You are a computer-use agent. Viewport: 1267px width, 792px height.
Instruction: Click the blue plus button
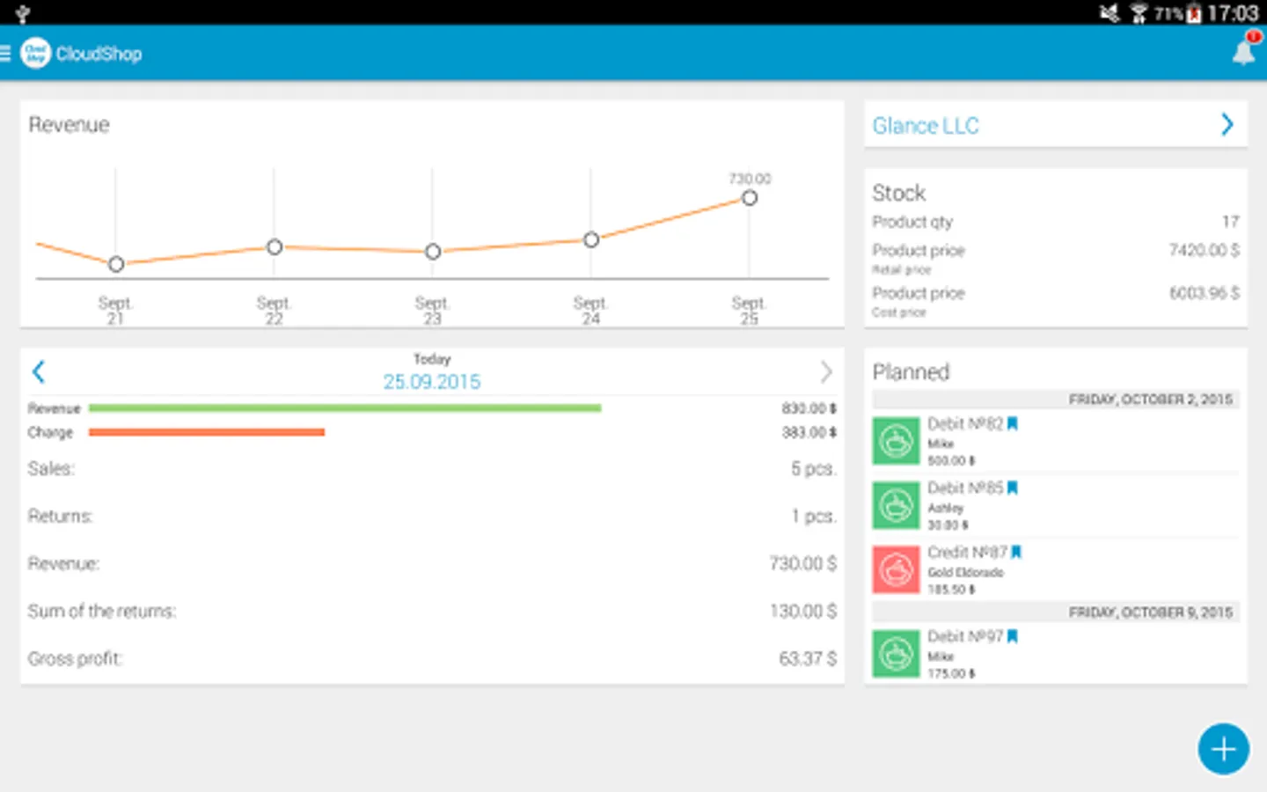(1223, 749)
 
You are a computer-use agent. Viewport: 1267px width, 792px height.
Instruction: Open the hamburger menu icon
(5, 54)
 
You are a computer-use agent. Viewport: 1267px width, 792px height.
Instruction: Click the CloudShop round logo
(35, 53)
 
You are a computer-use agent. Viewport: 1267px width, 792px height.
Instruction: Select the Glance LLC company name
(926, 126)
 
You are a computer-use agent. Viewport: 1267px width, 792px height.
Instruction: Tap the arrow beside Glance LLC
(1227, 125)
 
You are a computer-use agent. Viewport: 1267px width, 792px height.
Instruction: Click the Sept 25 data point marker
(749, 198)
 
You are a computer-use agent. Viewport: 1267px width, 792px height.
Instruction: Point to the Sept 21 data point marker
(116, 264)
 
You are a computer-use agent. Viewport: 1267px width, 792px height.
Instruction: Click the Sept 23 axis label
(432, 310)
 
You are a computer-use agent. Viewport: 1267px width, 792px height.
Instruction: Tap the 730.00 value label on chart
(750, 179)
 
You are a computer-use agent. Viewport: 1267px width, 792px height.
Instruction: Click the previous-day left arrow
(39, 371)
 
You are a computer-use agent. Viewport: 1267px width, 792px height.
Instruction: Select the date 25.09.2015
(432, 382)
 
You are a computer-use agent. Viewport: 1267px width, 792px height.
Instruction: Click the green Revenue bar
(345, 408)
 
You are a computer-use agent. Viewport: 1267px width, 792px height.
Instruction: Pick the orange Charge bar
(207, 432)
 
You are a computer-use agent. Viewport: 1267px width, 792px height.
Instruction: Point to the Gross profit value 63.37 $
(807, 658)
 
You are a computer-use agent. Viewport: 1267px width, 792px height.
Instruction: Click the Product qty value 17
(1230, 222)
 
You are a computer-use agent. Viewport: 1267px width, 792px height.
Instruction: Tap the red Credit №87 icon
(896, 569)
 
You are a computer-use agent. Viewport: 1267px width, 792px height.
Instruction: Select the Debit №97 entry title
(965, 636)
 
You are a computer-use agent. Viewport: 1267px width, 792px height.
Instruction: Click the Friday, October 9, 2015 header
(1150, 612)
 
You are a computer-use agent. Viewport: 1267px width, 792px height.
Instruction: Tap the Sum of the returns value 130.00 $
(802, 611)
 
